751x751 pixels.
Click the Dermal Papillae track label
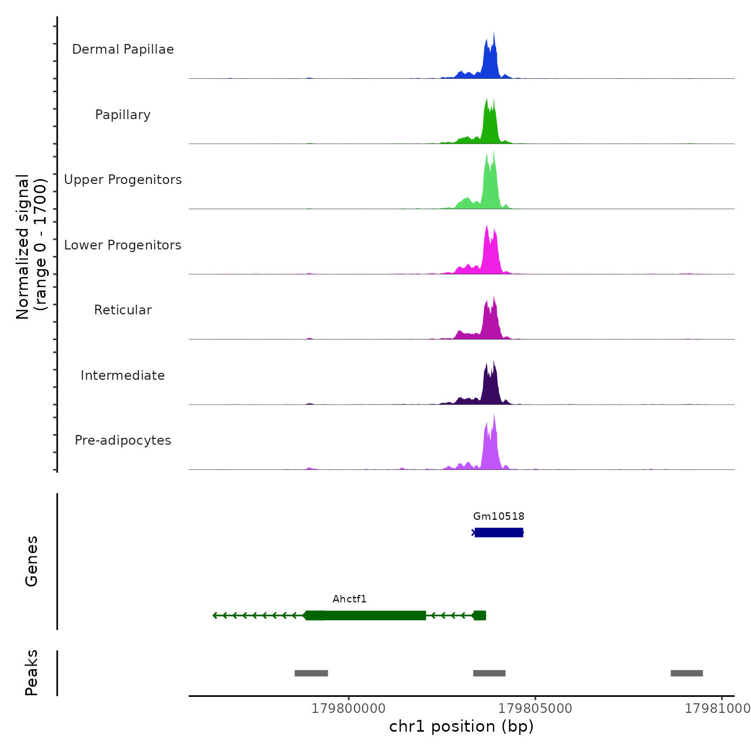click(x=123, y=49)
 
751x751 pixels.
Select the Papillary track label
click(x=123, y=115)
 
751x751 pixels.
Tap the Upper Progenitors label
click(x=123, y=180)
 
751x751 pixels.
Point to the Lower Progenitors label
click(x=123, y=245)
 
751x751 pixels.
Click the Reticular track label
click(x=123, y=310)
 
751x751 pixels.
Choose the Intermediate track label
click(x=123, y=376)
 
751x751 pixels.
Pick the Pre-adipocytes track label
click(x=123, y=440)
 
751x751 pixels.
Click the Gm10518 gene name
click(x=499, y=517)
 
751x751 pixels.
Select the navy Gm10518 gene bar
click(x=499, y=533)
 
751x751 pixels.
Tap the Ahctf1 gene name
click(x=349, y=599)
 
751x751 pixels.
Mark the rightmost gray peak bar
click(x=687, y=673)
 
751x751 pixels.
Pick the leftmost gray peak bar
click(x=311, y=673)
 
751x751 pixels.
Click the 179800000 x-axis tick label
click(x=349, y=709)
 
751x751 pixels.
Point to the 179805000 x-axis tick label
click(x=535, y=709)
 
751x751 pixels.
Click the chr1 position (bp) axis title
click(x=461, y=727)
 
